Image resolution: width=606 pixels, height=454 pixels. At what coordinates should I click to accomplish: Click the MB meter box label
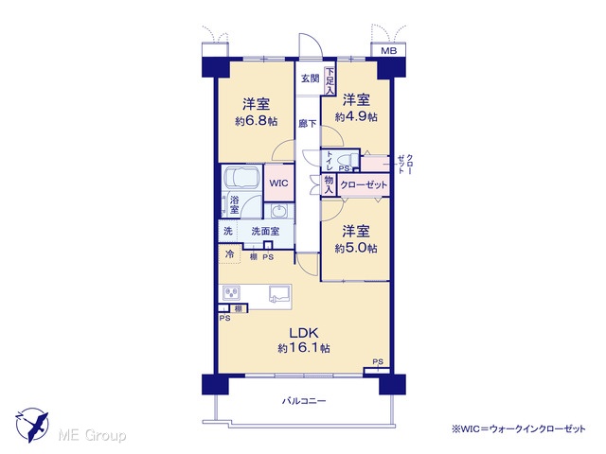click(388, 50)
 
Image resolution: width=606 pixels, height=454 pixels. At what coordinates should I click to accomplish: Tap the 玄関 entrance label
click(310, 79)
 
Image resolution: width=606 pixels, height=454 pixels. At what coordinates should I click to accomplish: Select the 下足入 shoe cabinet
click(330, 81)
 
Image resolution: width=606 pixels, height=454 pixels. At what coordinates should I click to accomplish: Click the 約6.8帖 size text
click(257, 121)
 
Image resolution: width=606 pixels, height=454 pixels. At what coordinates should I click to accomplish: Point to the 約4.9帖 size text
click(356, 116)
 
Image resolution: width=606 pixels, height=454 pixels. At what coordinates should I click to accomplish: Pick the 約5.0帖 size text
click(356, 248)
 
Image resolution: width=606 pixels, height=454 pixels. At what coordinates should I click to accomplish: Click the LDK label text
click(304, 332)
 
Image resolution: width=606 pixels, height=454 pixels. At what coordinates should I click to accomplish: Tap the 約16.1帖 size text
click(304, 348)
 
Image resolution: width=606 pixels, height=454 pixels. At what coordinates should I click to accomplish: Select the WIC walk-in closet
click(278, 183)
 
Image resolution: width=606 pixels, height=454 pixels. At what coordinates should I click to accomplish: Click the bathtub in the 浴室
click(242, 177)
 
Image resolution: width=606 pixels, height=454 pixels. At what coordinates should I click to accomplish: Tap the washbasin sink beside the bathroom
click(278, 211)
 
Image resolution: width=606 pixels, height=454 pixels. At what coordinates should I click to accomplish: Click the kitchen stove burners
click(231, 292)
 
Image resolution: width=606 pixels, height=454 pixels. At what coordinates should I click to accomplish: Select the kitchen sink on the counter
click(280, 293)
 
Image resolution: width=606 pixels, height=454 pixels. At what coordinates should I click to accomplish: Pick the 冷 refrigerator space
click(229, 254)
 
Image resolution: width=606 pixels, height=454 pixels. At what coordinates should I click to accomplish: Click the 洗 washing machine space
click(228, 231)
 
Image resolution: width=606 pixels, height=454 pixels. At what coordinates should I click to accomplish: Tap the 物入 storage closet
click(329, 185)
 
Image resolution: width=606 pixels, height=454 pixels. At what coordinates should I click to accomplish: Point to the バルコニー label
click(304, 401)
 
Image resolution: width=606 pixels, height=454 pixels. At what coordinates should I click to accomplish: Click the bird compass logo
click(32, 425)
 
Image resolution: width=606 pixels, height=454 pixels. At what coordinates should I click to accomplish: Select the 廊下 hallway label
click(308, 124)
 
